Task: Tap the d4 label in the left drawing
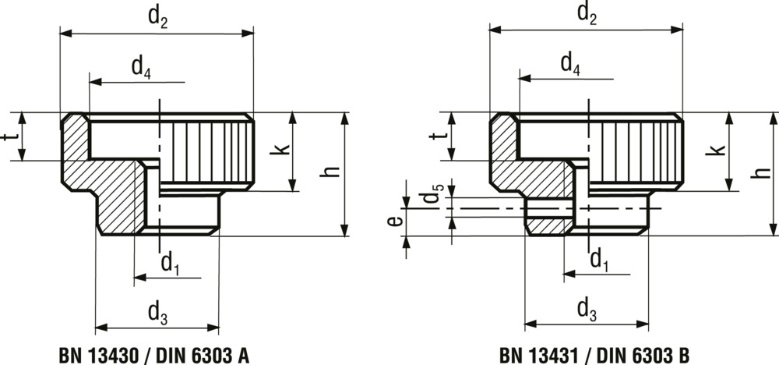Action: (141, 69)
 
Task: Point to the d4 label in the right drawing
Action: (570, 63)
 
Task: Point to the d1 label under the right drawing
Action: (598, 259)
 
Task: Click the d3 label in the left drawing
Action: (158, 314)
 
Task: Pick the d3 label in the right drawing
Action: (587, 310)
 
